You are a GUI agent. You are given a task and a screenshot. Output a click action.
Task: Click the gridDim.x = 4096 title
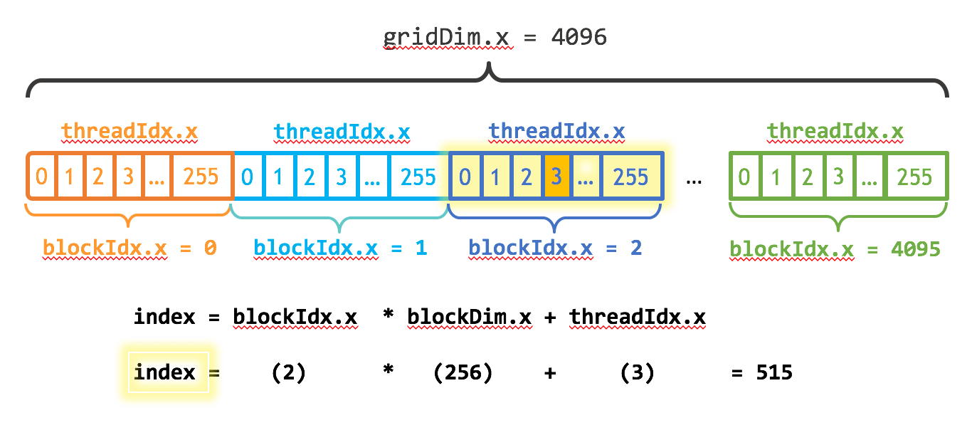pyautogui.click(x=495, y=37)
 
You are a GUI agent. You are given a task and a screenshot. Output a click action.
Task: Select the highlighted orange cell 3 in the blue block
pyautogui.click(x=556, y=177)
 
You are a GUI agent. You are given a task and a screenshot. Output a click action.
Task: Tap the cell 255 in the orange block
pyautogui.click(x=201, y=177)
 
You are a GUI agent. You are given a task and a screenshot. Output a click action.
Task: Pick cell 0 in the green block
pyautogui.click(x=744, y=177)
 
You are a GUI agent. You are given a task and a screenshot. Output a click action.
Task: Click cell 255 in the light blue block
pyautogui.click(x=418, y=177)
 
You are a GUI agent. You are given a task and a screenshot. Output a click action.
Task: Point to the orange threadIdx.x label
pyautogui.click(x=130, y=132)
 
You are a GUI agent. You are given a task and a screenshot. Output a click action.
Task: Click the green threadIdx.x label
pyautogui.click(x=835, y=132)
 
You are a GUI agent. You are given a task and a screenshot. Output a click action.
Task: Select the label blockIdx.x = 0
pyautogui.click(x=130, y=248)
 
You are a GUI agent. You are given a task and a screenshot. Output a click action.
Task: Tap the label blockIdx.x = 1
pyautogui.click(x=340, y=248)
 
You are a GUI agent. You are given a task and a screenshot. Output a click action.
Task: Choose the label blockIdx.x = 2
pyautogui.click(x=555, y=248)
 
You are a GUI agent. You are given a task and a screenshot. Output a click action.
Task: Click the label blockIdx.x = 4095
pyautogui.click(x=835, y=249)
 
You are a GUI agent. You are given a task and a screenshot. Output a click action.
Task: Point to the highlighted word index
pyautogui.click(x=165, y=372)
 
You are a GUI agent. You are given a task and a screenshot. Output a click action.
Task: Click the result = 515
pyautogui.click(x=761, y=372)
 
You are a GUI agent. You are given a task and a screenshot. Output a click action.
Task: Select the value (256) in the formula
pyautogui.click(x=463, y=372)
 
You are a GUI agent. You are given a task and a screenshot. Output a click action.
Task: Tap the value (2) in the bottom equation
pyautogui.click(x=289, y=372)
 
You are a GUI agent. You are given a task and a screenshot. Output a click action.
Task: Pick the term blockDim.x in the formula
pyautogui.click(x=470, y=317)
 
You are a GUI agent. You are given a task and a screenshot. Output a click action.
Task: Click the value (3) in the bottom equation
pyautogui.click(x=637, y=372)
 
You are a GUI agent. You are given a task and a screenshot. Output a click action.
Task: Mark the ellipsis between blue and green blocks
pyautogui.click(x=694, y=179)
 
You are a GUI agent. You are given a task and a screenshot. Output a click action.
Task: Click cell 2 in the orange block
pyautogui.click(x=98, y=177)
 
